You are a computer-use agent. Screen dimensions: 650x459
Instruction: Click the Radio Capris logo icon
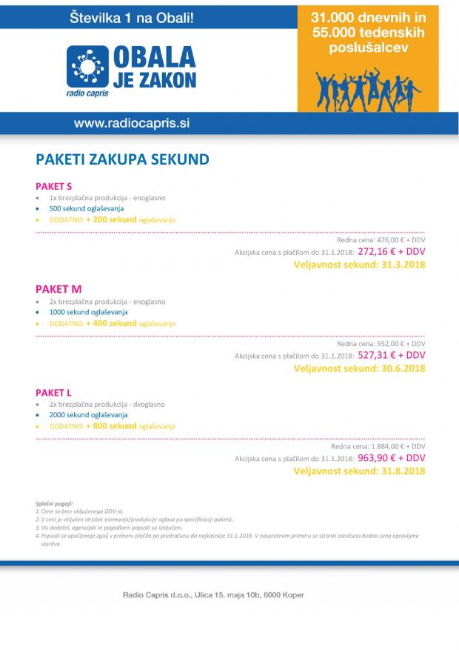tap(88, 67)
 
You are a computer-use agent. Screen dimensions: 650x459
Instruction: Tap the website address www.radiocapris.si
tap(132, 122)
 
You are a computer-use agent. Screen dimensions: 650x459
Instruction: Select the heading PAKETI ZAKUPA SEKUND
tap(122, 159)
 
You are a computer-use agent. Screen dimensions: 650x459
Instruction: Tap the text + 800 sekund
tap(111, 426)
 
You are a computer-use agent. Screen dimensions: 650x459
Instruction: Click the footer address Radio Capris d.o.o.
tap(212, 594)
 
